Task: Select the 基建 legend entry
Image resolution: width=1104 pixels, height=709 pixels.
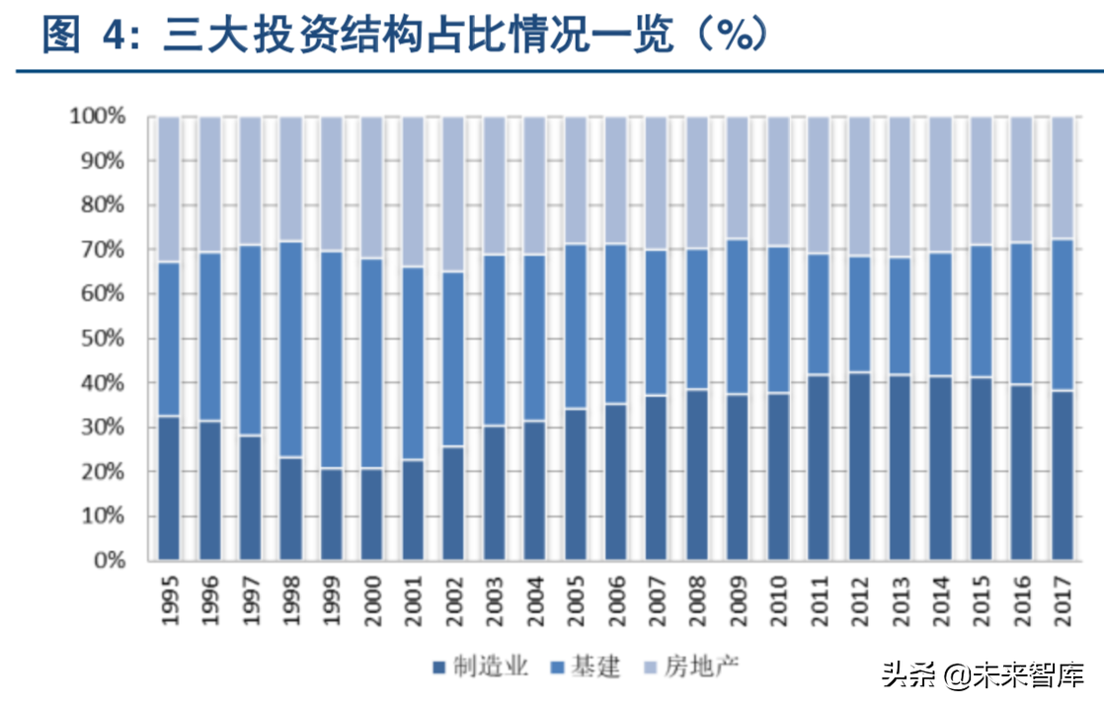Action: pyautogui.click(x=587, y=667)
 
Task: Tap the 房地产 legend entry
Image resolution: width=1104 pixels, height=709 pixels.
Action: pyautogui.click(x=700, y=667)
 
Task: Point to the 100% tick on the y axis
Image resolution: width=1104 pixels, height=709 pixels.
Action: pyautogui.click(x=97, y=117)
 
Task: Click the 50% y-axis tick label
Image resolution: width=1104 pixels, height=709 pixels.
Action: pyautogui.click(x=102, y=339)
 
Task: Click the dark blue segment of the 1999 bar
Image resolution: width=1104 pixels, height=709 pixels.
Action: pyautogui.click(x=331, y=513)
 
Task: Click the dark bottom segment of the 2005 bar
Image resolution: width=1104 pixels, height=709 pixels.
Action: pyautogui.click(x=575, y=484)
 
